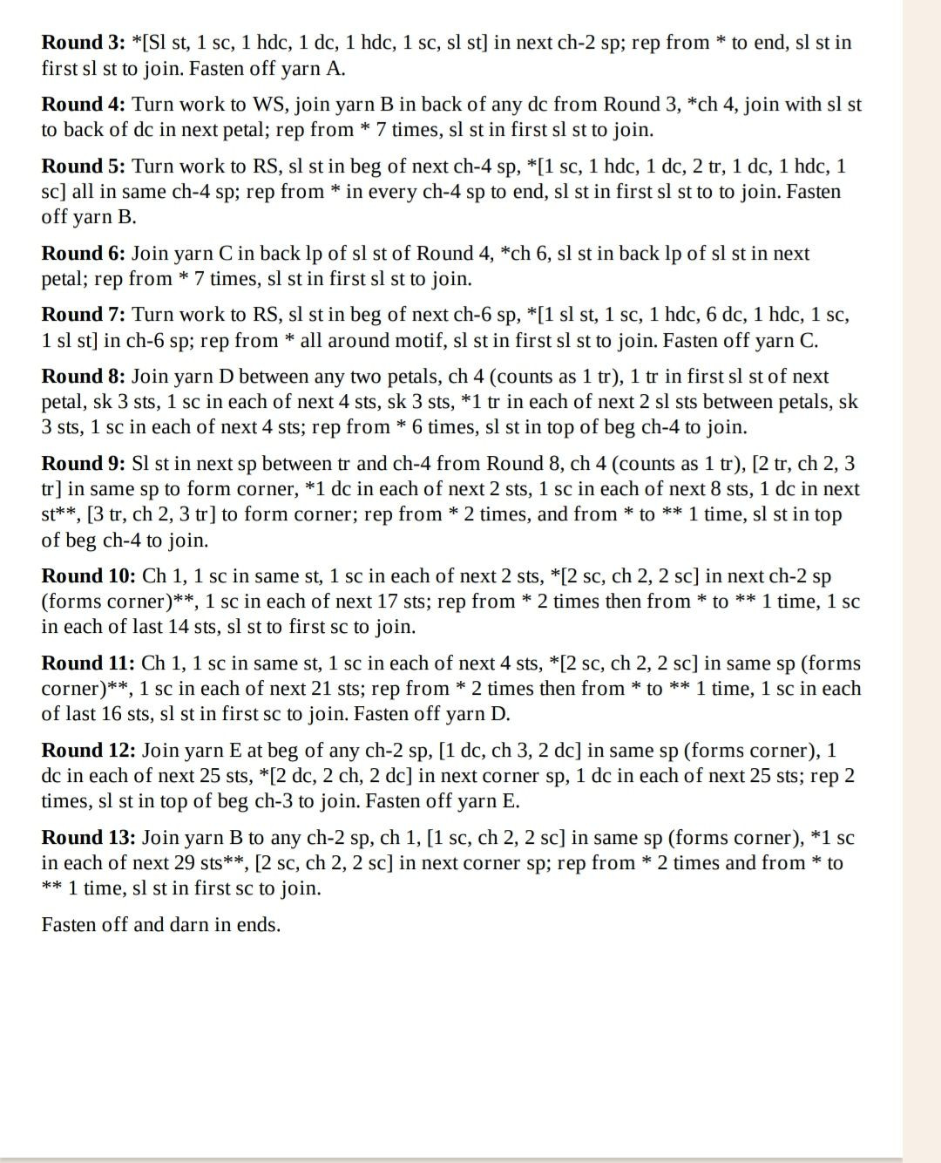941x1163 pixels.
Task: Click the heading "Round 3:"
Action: (84, 43)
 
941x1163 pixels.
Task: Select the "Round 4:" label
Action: (84, 105)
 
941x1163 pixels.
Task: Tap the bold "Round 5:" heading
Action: (84, 167)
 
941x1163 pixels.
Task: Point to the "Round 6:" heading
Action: (84, 254)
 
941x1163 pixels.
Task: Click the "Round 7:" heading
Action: (84, 315)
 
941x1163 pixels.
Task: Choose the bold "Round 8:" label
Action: (84, 377)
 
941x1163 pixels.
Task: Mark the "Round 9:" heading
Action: (84, 464)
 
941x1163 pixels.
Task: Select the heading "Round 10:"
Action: (89, 576)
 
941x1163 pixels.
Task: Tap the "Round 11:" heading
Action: (88, 663)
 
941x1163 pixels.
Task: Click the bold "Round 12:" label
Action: (89, 751)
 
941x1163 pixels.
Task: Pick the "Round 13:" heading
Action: (89, 838)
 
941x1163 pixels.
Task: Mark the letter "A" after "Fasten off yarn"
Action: (335, 69)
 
